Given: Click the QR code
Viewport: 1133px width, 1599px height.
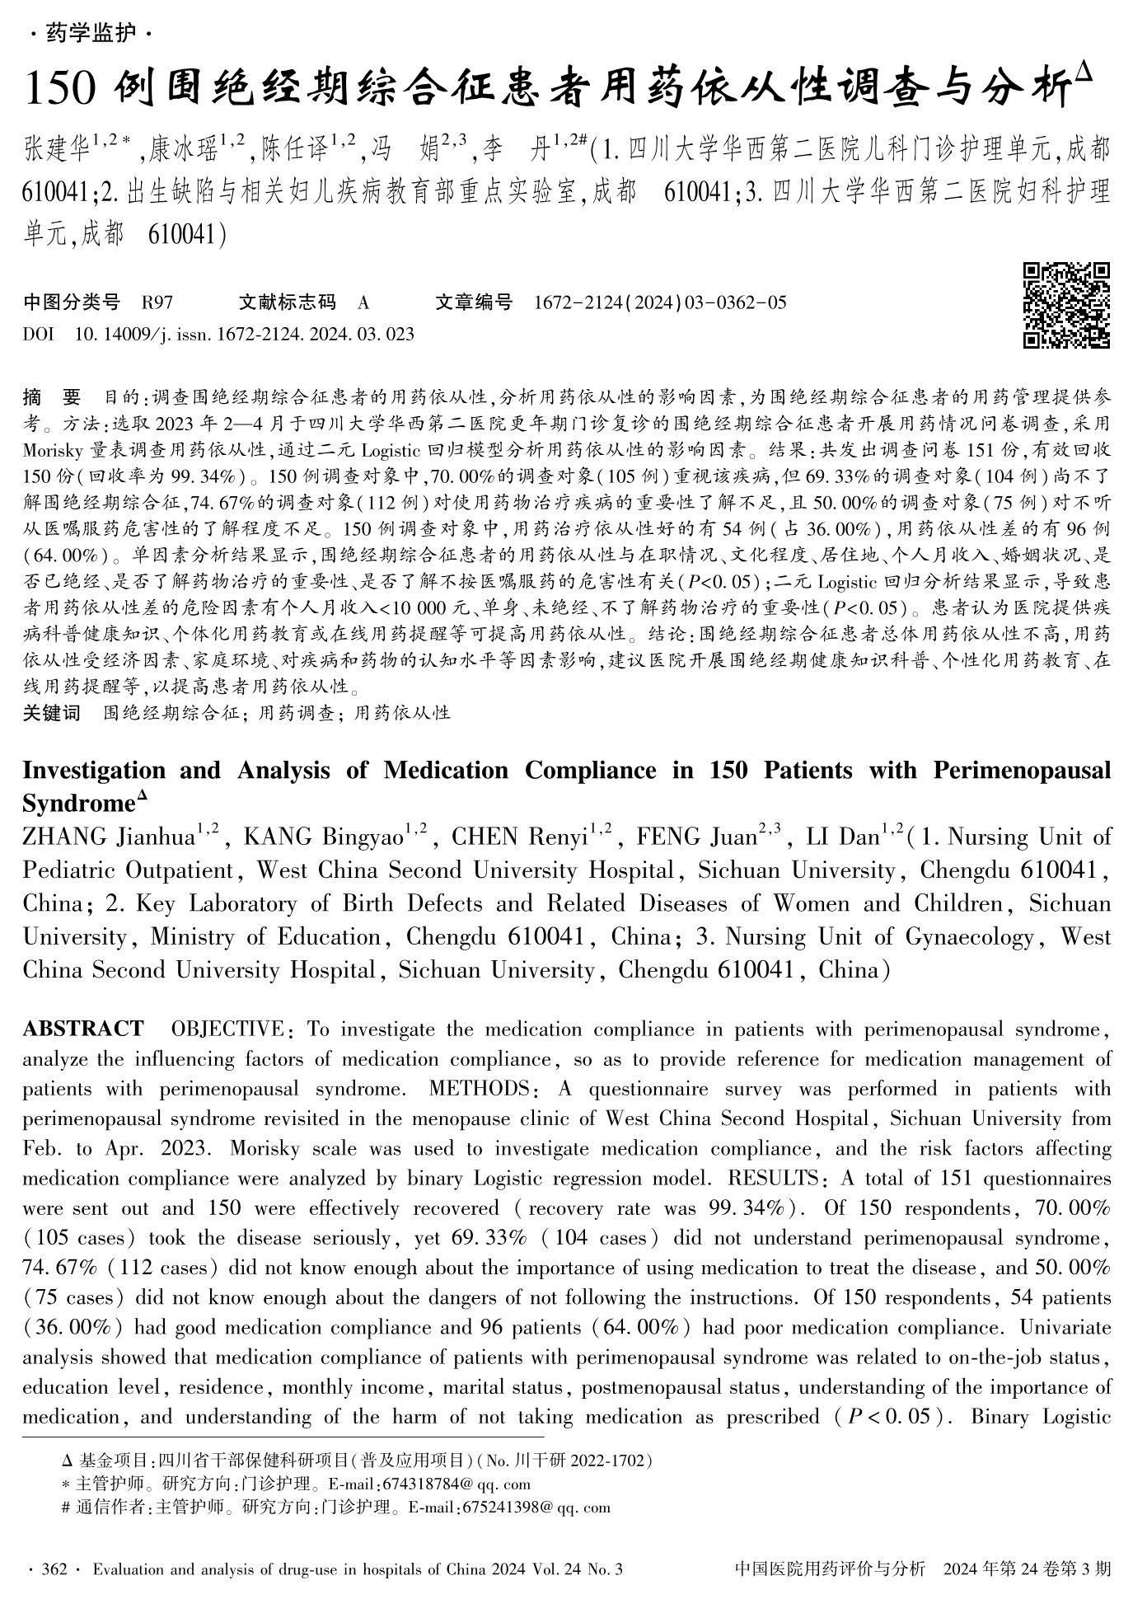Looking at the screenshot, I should tap(1065, 305).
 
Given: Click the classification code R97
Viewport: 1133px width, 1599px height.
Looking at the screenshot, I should tap(157, 302).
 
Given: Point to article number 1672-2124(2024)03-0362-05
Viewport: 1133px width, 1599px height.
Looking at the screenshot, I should tap(660, 302).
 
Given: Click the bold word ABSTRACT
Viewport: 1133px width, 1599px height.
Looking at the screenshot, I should tap(83, 1029).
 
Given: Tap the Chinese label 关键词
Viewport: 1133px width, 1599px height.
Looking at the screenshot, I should tap(52, 713).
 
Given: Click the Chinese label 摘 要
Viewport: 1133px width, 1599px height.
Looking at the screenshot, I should tap(52, 399).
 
